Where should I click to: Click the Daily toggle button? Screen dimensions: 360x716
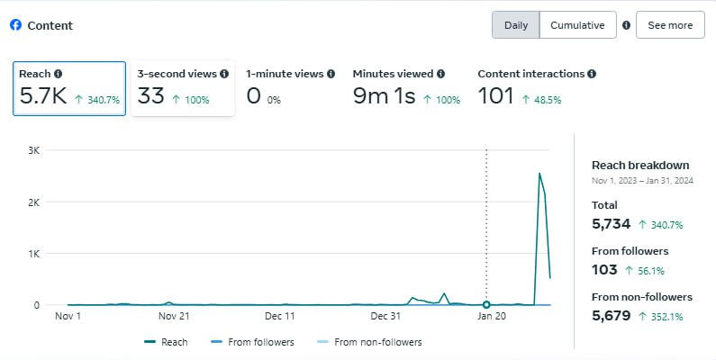(x=516, y=25)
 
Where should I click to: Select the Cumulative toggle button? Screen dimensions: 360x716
(x=577, y=25)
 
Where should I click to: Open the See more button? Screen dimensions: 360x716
(x=670, y=25)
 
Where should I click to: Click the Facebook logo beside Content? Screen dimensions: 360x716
(x=15, y=25)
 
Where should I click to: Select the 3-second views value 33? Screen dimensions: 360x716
(x=150, y=96)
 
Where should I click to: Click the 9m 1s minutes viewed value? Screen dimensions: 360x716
(x=384, y=96)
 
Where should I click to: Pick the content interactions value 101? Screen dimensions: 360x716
(x=494, y=96)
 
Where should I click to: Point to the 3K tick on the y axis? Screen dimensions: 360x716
(x=34, y=150)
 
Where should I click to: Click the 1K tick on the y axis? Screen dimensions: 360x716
(x=34, y=254)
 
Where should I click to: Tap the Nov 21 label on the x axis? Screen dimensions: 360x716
(x=174, y=316)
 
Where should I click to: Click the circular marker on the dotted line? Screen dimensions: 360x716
(x=486, y=305)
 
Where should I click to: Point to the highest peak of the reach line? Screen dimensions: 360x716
(x=539, y=173)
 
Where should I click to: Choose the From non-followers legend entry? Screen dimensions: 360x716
(x=370, y=342)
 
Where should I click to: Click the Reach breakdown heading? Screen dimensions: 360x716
(x=640, y=166)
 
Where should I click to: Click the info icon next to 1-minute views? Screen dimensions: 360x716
(x=331, y=74)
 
